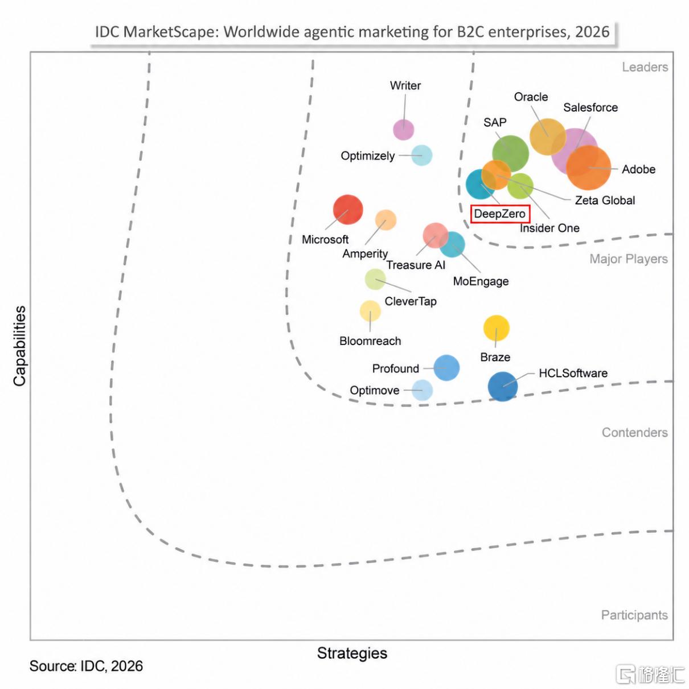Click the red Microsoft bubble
point(347,210)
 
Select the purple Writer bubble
point(403,129)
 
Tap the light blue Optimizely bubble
point(421,155)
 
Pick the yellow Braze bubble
point(496,328)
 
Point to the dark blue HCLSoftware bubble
point(502,386)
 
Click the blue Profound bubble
point(446,368)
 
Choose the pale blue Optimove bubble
point(422,390)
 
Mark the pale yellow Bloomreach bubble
point(370,311)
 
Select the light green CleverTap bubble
point(375,279)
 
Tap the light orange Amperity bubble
point(385,220)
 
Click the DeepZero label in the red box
point(499,214)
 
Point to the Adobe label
point(638,169)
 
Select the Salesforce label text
point(590,107)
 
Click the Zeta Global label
point(605,200)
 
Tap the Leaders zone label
point(645,67)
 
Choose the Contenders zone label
point(635,432)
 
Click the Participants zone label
point(634,615)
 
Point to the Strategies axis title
point(352,653)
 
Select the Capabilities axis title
point(20,346)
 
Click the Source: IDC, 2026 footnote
point(86,666)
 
